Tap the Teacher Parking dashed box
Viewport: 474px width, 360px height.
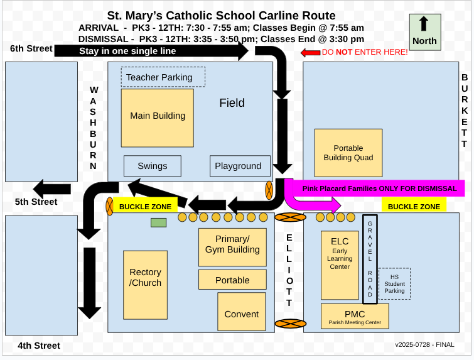tap(163, 77)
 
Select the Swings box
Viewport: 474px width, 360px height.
tap(153, 166)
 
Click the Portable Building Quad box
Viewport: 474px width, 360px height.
tap(348, 153)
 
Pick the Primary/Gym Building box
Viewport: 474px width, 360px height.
tap(232, 245)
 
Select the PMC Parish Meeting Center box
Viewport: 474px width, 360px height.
tap(355, 316)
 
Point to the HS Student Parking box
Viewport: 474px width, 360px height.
tap(394, 284)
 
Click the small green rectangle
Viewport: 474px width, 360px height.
tap(158, 222)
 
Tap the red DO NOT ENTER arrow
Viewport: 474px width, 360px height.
tap(310, 53)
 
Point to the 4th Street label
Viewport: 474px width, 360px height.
tap(39, 346)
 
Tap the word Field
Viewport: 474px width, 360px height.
tap(232, 103)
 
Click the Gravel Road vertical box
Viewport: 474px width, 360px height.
tap(370, 259)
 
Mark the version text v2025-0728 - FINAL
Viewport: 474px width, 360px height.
tap(424, 344)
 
